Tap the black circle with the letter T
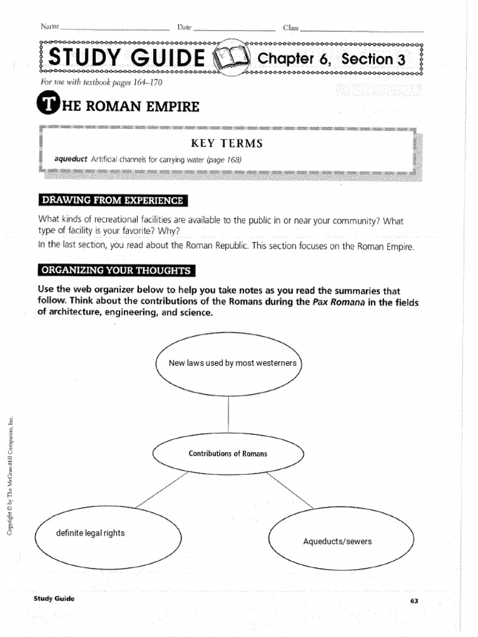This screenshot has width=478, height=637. [x=47, y=105]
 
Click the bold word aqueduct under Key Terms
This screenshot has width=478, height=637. [x=71, y=160]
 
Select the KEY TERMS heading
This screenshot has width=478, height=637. [x=227, y=143]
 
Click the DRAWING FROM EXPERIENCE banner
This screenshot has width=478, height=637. [x=112, y=200]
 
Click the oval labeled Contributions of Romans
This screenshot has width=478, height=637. [x=228, y=453]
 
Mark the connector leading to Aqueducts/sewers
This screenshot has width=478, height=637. [x=290, y=490]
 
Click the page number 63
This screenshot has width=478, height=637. [x=414, y=600]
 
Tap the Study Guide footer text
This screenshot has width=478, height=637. [x=54, y=598]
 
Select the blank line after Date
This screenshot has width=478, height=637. [x=234, y=29]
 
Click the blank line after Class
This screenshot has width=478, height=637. [x=361, y=29]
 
